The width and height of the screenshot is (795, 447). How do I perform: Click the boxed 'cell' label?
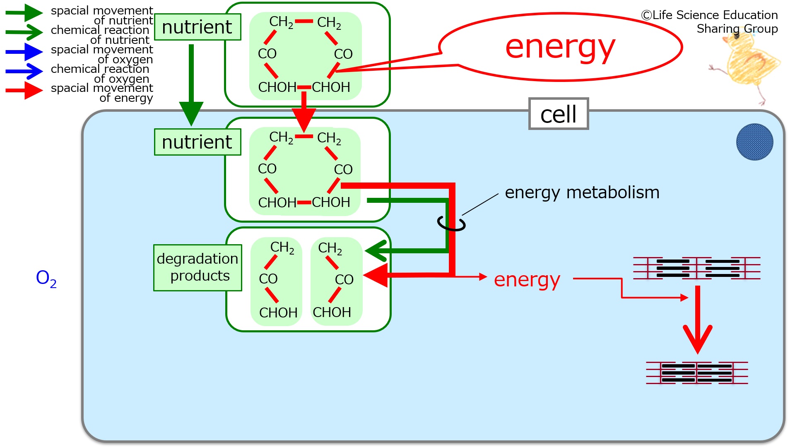point(559,114)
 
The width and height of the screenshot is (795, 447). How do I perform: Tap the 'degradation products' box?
point(198,267)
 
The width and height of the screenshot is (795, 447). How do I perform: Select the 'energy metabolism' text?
point(582,192)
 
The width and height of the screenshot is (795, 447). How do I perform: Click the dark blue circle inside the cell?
point(754,142)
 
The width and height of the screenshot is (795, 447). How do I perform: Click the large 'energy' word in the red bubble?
point(560,47)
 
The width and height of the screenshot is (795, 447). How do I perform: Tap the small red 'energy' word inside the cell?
point(527,280)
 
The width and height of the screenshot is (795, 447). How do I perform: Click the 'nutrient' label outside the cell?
point(198,27)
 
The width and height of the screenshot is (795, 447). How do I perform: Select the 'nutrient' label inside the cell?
point(198,142)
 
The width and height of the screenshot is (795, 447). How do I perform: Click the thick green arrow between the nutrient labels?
point(191,85)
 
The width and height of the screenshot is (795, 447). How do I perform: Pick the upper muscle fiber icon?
point(697,268)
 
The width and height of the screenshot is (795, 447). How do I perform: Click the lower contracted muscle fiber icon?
point(697,373)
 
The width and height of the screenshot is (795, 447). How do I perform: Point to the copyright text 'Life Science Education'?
point(709,15)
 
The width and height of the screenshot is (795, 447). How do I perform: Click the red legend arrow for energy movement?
point(24,90)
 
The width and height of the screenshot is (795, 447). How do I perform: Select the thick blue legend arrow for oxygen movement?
point(24,52)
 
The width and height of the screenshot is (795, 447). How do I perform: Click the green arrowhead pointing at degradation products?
point(376,251)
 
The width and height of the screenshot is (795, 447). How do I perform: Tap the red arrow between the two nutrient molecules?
point(304,112)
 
